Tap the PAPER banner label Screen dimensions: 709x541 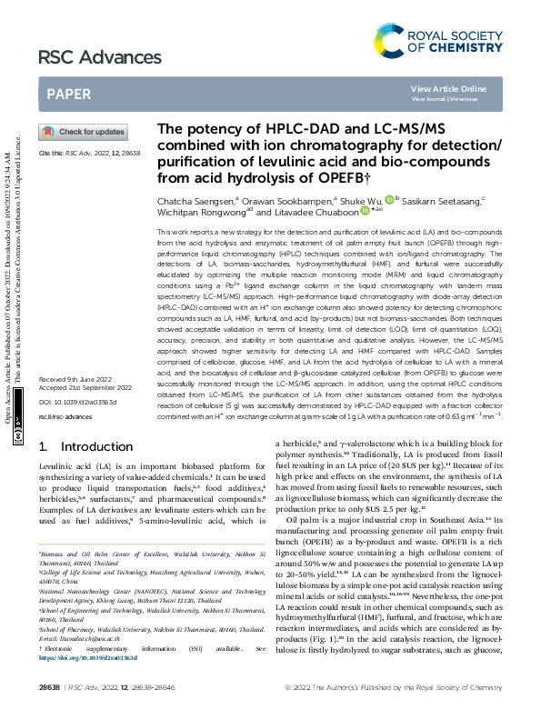coord(68,94)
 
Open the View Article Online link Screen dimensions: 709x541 coord(448,88)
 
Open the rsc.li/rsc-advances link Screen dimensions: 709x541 coord(65,416)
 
